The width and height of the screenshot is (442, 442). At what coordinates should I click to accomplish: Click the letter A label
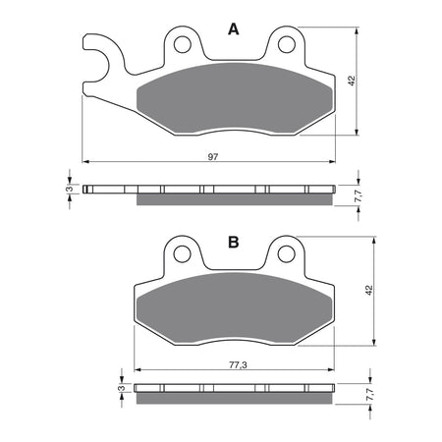tap(234, 30)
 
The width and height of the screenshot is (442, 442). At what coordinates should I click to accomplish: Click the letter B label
tap(234, 242)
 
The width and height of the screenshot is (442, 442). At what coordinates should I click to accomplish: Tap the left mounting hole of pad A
tap(182, 43)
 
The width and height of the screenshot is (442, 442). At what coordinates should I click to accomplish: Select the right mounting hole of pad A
tap(286, 43)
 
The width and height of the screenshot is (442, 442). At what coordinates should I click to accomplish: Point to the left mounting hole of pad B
tap(182, 254)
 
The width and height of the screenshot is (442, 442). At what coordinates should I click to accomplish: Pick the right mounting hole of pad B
tap(286, 254)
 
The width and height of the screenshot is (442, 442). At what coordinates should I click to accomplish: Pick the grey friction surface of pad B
tap(234, 309)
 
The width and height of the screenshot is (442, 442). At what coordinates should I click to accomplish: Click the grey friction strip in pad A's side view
tap(234, 200)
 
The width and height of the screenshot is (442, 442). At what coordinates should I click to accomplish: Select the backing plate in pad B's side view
tap(234, 387)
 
